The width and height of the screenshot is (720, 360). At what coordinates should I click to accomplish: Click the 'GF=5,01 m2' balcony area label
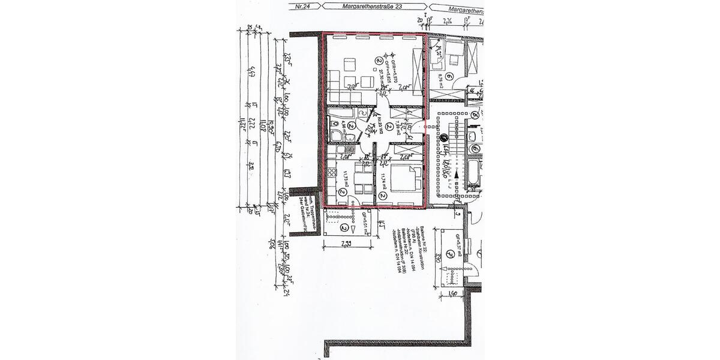pos(364,221)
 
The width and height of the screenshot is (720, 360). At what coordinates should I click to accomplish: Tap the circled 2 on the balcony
pos(344,228)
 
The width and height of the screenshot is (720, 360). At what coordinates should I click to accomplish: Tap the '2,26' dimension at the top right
pos(446,22)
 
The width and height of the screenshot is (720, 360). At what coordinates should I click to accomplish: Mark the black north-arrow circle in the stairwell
pos(445,139)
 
